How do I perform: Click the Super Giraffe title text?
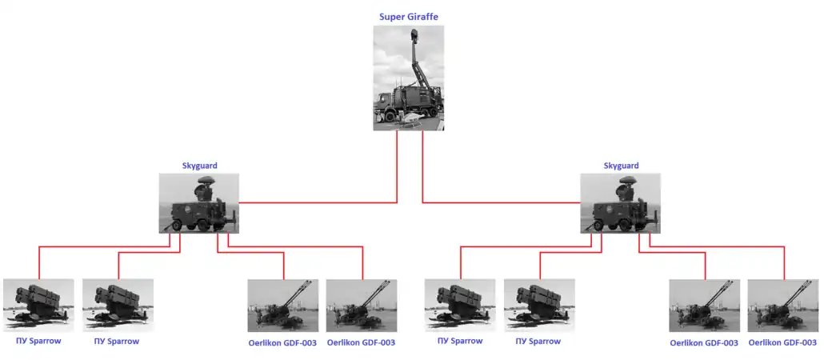pyautogui.click(x=409, y=17)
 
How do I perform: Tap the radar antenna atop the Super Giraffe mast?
pyautogui.click(x=414, y=36)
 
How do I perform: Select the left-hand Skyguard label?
pyautogui.click(x=199, y=166)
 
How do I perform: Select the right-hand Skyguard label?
pyautogui.click(x=621, y=166)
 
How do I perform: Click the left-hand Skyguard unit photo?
pyautogui.click(x=199, y=203)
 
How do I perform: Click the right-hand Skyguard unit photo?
pyautogui.click(x=621, y=203)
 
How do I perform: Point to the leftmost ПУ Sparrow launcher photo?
pyautogui.click(x=39, y=306)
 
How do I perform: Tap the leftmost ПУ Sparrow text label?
pyautogui.click(x=39, y=341)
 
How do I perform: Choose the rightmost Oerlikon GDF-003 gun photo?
pyautogui.click(x=783, y=306)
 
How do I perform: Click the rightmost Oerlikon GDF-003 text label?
pyautogui.click(x=783, y=343)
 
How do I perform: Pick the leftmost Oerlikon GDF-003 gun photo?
pyautogui.click(x=282, y=306)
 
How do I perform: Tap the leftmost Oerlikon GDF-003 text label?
pyautogui.click(x=282, y=343)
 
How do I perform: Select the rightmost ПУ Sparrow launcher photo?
pyautogui.click(x=540, y=306)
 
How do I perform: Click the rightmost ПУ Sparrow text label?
pyautogui.click(x=538, y=341)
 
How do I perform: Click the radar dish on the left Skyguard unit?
pyautogui.click(x=205, y=182)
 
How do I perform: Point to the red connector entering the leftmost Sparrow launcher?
pyautogui.click(x=105, y=246)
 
